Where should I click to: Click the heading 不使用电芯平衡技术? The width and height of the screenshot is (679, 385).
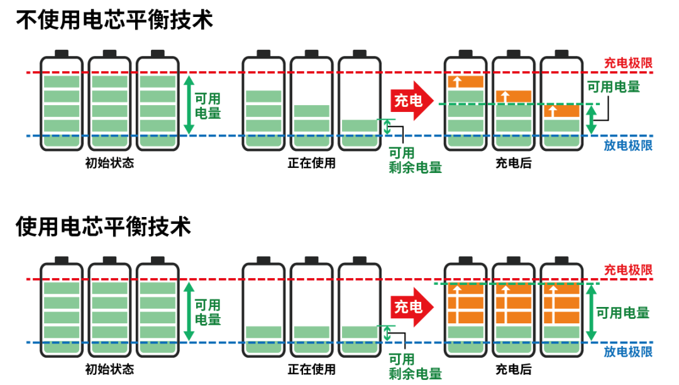click(114, 20)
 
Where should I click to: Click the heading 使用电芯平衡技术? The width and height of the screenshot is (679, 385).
click(103, 226)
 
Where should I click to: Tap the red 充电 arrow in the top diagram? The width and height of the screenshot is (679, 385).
click(412, 100)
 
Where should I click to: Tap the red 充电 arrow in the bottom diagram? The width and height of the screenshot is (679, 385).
click(412, 307)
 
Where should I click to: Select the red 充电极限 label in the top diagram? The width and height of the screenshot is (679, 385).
click(627, 63)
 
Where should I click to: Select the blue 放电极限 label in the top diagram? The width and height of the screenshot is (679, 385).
click(627, 145)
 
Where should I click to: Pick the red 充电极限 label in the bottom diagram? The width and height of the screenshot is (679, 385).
click(627, 270)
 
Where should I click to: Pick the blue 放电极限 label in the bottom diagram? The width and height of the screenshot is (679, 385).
click(627, 352)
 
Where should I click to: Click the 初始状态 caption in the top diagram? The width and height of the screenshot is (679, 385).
click(109, 163)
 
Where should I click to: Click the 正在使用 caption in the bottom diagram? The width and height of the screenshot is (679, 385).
click(312, 369)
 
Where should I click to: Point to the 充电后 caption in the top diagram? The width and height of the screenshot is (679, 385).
click(513, 163)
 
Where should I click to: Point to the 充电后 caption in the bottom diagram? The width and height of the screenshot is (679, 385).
click(513, 369)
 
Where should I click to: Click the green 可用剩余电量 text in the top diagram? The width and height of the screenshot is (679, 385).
click(414, 160)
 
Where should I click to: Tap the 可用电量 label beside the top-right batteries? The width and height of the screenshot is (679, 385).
click(613, 87)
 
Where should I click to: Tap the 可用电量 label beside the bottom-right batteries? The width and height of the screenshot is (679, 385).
click(622, 313)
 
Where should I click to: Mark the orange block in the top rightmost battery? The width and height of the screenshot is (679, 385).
click(561, 111)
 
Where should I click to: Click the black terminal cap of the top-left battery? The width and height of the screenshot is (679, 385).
click(62, 53)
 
